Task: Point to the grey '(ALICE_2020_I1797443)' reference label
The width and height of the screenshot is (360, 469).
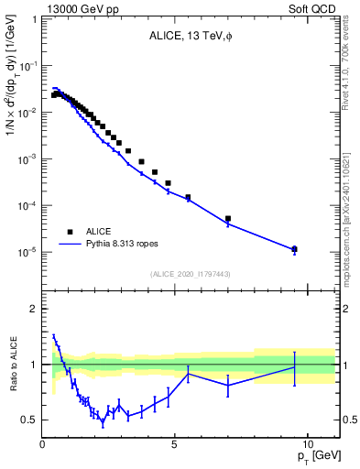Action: pos(191,274)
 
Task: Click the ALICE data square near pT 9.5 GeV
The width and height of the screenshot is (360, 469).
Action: pos(294,249)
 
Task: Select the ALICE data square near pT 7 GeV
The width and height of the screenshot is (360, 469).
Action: pos(228,219)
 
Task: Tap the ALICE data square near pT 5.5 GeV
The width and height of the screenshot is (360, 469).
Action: pos(188,197)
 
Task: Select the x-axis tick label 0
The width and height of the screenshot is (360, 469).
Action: pos(43,444)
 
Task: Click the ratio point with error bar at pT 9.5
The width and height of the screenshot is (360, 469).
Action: pos(294,367)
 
